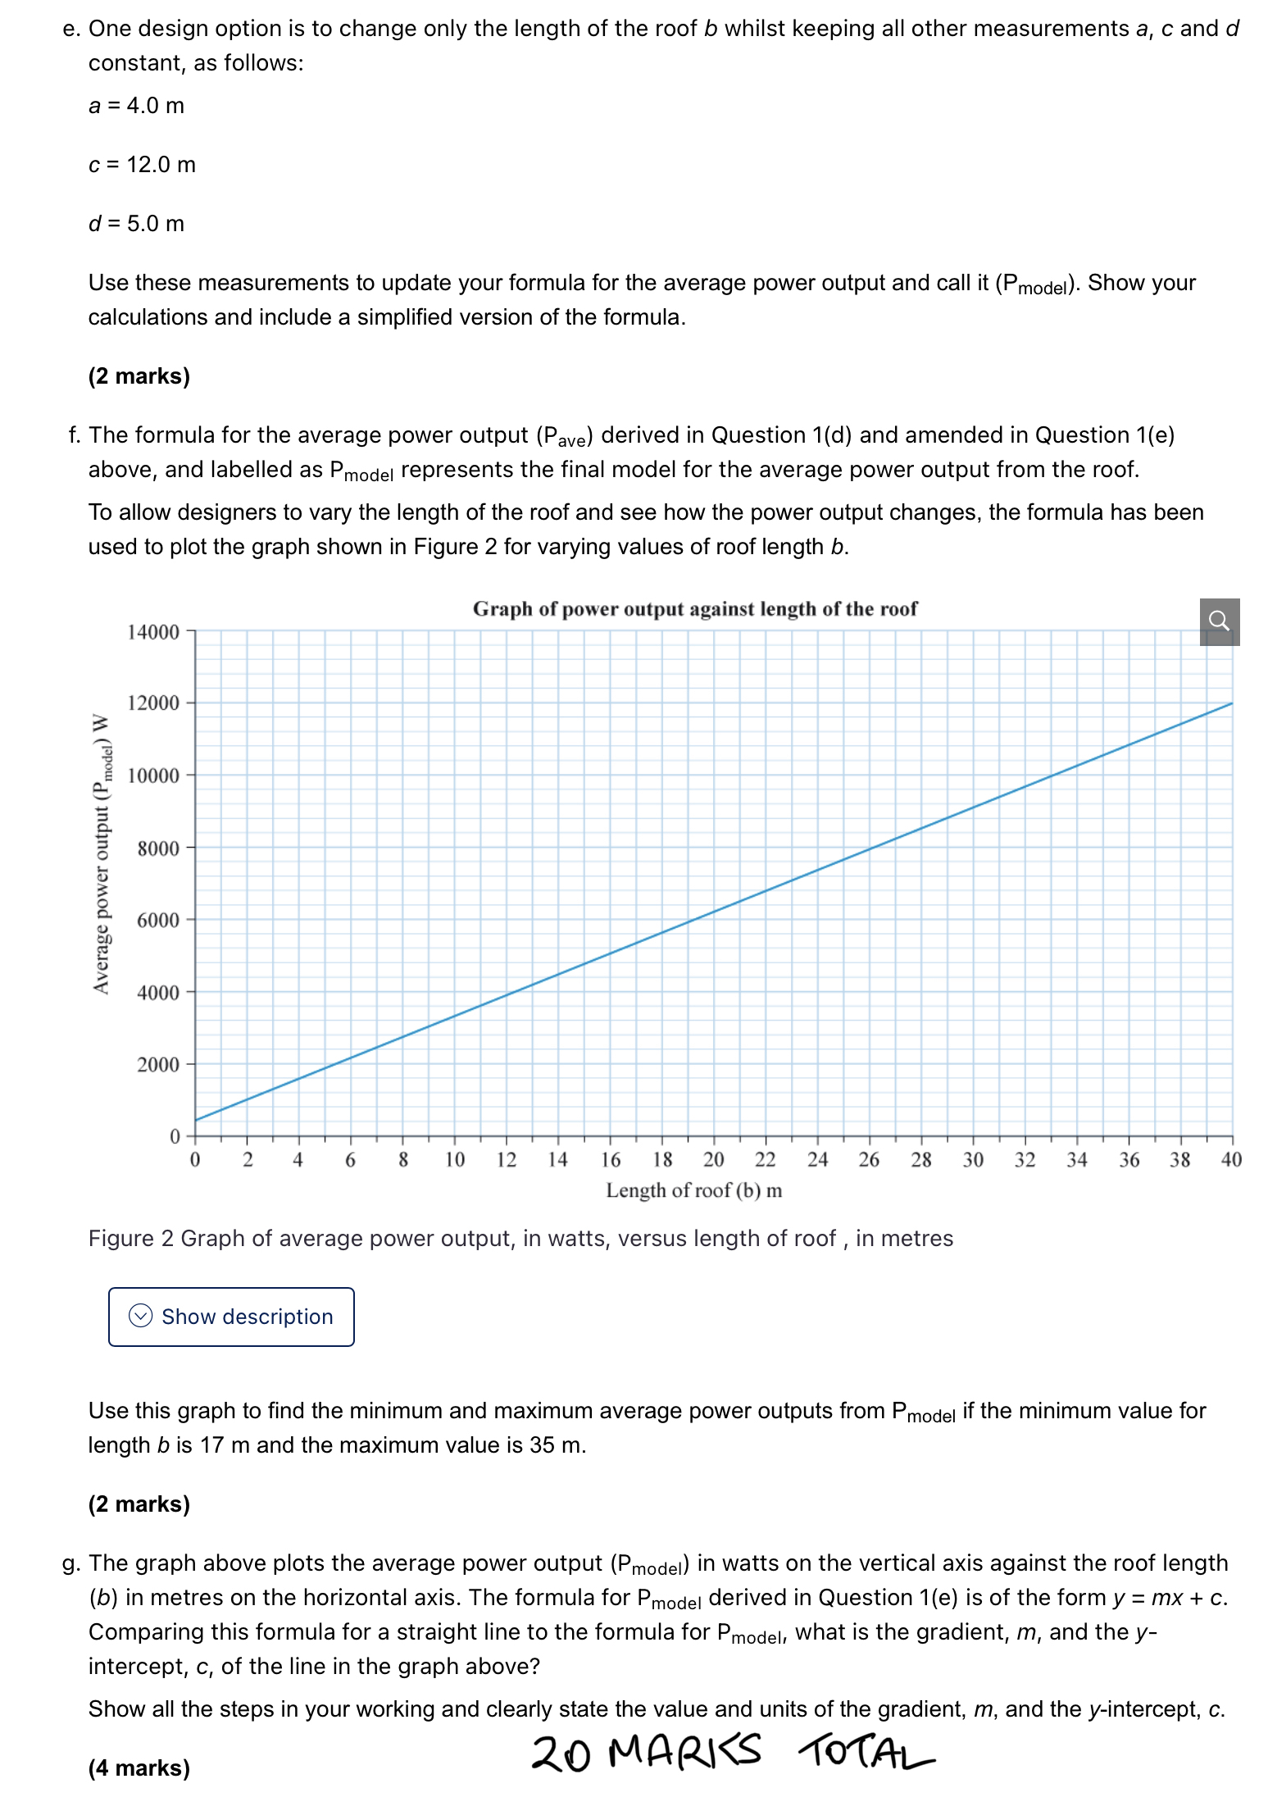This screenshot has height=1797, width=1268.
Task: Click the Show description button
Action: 231,1316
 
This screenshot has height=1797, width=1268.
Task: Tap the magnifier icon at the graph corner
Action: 1219,621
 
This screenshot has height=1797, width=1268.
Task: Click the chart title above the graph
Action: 694,609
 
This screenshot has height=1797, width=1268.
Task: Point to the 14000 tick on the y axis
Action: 153,632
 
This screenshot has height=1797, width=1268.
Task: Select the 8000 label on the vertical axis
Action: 158,848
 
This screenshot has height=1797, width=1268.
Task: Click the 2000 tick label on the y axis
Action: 158,1064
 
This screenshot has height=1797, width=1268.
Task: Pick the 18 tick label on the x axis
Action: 662,1159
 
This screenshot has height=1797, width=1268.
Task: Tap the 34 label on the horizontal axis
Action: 1076,1159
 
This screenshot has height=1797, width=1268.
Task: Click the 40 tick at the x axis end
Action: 1231,1159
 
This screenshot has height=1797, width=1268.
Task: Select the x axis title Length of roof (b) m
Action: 693,1190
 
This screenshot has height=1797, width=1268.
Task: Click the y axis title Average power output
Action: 102,853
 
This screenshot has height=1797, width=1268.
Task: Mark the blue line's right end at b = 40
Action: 1231,703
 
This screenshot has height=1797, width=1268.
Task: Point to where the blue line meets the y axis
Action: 196,1120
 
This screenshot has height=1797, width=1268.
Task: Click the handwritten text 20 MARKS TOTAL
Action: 731,1753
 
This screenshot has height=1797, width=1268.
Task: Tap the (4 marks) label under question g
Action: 139,1767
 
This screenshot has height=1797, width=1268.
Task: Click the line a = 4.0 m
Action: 136,106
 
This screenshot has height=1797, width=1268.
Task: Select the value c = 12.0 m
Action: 142,165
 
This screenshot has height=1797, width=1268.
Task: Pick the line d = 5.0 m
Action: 136,224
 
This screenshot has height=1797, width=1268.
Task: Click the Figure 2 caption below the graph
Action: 520,1238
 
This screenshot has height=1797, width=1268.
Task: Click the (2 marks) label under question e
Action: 139,375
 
